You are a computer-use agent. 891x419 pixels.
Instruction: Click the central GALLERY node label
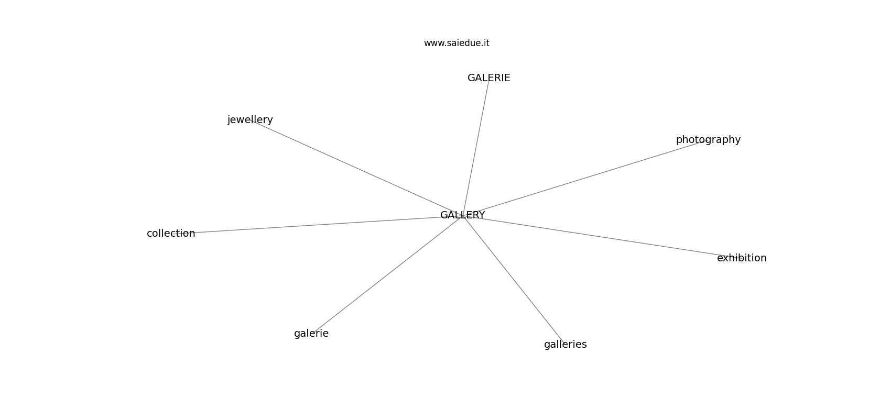tap(463, 215)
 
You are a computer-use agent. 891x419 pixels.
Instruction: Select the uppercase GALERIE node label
tap(489, 78)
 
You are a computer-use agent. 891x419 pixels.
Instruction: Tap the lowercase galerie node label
tap(311, 334)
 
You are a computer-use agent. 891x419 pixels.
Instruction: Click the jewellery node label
tap(250, 119)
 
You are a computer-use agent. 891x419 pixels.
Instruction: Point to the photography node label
tap(709, 140)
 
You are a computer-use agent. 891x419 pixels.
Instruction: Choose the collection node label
tap(171, 234)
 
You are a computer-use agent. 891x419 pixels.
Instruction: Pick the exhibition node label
tap(742, 258)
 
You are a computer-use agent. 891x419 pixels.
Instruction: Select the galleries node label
tap(566, 344)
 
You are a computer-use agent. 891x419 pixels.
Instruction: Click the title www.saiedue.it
tap(457, 43)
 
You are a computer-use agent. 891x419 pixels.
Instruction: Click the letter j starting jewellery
tap(229, 120)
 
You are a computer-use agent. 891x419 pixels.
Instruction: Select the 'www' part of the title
tap(433, 43)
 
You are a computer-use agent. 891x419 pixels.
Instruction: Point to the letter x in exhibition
tap(725, 259)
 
